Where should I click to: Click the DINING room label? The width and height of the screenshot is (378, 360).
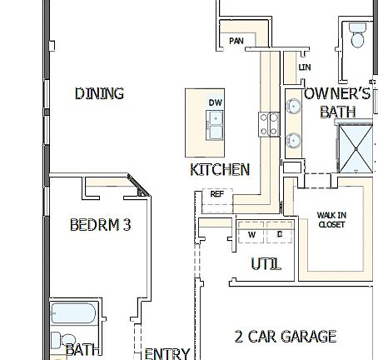[x=99, y=93]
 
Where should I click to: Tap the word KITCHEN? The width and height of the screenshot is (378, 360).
[x=220, y=169]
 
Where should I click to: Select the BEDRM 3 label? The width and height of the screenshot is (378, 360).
[x=99, y=224]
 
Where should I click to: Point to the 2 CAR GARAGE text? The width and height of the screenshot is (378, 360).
[x=285, y=337]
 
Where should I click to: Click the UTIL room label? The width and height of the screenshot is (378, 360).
[x=266, y=264]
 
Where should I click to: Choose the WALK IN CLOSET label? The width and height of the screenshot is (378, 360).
[x=331, y=219]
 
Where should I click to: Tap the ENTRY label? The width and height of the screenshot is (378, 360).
[x=167, y=353]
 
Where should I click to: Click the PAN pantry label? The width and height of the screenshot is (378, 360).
[x=236, y=41]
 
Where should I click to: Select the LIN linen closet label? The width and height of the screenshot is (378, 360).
[x=304, y=67]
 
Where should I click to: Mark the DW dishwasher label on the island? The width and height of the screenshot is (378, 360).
[x=215, y=102]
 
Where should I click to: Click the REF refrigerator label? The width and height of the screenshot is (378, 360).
[x=216, y=193]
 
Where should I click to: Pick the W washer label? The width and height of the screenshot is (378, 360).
[x=251, y=235]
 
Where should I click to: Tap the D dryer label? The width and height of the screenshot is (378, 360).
[x=280, y=235]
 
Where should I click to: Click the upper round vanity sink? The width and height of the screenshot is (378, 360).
[x=294, y=107]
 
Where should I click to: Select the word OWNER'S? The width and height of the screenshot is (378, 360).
[x=337, y=94]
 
